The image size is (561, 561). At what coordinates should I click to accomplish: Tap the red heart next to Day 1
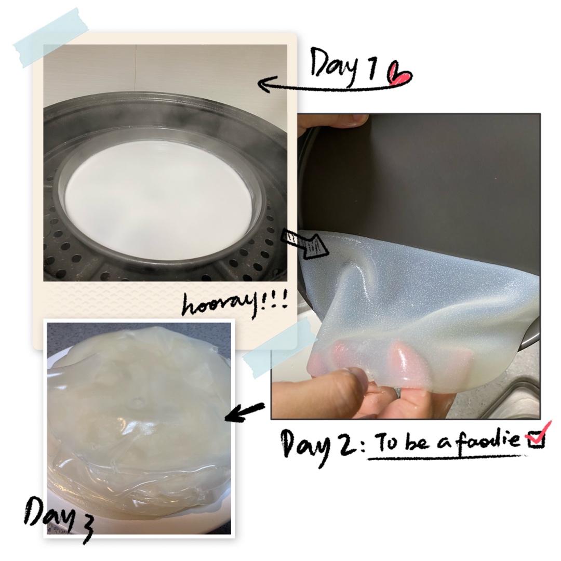400,74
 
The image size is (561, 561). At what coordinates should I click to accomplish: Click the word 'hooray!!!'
235,306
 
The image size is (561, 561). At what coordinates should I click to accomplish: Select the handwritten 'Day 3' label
59,516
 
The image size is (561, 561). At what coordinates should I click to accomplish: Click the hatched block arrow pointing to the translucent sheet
304,243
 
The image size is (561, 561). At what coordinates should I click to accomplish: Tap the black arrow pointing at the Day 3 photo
245,411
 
